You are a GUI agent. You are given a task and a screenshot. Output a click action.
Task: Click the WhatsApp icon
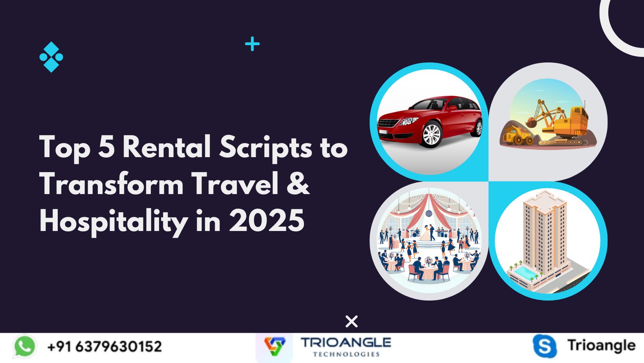(25, 346)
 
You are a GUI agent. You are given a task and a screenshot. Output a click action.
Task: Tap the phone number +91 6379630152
(104, 346)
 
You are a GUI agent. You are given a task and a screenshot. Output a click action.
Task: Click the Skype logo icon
(544, 346)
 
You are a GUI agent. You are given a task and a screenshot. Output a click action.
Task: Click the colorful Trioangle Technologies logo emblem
(274, 346)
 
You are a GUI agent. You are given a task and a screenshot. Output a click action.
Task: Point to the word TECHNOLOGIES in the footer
(346, 354)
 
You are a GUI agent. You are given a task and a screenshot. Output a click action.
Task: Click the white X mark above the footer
(351, 321)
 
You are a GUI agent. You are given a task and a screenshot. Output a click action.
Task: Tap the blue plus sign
(252, 44)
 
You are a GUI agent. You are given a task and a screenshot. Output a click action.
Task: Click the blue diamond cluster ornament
(51, 57)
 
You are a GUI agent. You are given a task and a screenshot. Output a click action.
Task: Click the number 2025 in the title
(267, 220)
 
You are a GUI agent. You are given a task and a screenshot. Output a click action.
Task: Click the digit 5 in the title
(106, 147)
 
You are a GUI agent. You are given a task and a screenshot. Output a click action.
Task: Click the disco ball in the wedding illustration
(429, 213)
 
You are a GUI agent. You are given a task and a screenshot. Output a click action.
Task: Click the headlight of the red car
(408, 121)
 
